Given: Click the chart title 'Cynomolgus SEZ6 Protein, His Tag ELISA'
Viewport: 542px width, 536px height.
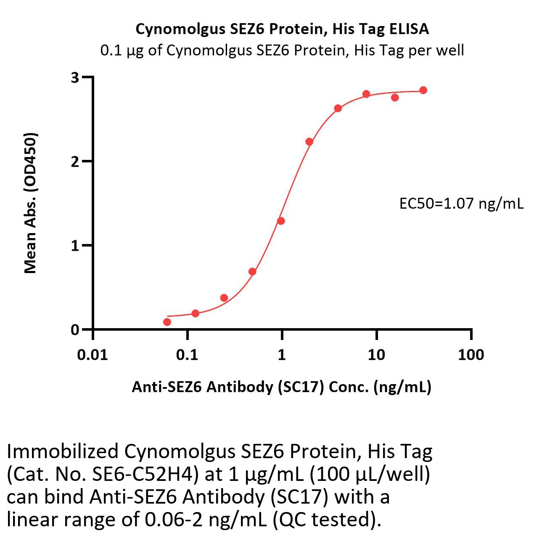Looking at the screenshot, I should tap(282, 29).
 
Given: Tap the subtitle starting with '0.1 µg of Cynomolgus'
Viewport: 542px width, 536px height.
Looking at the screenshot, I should tap(282, 50).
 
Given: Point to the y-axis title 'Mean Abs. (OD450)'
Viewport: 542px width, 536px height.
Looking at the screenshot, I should tap(31, 203).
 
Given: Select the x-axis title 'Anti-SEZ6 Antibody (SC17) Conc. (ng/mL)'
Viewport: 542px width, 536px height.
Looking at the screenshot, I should tap(281, 387).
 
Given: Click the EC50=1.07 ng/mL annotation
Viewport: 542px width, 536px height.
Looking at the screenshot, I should tap(461, 204).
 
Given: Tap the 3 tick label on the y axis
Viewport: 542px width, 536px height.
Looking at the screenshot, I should tap(75, 77).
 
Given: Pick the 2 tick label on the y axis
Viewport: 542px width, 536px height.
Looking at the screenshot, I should tap(75, 162).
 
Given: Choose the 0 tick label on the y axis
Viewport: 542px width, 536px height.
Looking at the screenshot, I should tap(75, 329).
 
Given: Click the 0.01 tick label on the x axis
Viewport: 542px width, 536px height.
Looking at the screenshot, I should tap(93, 355).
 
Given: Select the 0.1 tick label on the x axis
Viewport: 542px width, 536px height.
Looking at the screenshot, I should tap(187, 355).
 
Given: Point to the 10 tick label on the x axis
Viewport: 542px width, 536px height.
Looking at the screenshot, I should tap(376, 355).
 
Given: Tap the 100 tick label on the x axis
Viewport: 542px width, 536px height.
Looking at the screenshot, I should tap(471, 355).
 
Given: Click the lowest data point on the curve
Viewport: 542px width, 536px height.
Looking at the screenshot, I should tap(167, 322).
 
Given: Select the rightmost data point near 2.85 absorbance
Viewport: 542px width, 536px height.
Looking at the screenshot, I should tap(423, 90).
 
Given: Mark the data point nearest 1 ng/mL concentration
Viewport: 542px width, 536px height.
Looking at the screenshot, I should tap(281, 221).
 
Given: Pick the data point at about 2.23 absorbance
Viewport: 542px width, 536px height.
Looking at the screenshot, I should tap(309, 141).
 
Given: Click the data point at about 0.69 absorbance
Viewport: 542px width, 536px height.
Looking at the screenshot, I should tap(252, 271).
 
